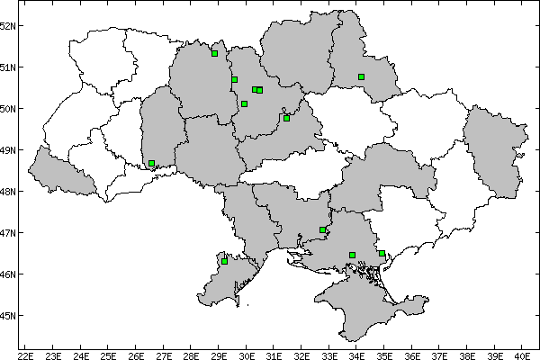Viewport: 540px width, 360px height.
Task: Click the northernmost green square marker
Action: coord(215,53)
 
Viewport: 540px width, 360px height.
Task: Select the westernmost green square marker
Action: coord(152,164)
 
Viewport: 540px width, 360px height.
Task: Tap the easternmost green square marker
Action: coord(382,254)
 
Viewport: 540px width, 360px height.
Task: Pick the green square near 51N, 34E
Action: coord(361,77)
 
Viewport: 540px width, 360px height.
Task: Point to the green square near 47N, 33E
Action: coord(322,230)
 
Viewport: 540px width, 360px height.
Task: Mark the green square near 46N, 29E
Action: coord(224,261)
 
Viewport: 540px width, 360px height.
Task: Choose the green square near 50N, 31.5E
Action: coord(286,118)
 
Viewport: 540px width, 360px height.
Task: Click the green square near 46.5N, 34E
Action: coord(352,255)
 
